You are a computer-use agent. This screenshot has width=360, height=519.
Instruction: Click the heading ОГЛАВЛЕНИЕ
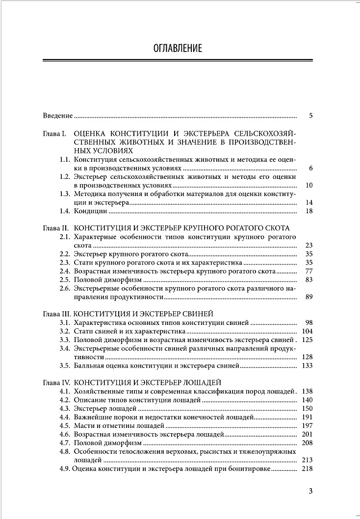178,48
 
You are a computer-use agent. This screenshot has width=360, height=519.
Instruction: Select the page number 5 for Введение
311,116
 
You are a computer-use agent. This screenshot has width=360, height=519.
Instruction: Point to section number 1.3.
65,194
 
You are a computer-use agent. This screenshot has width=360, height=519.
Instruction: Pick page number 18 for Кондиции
309,211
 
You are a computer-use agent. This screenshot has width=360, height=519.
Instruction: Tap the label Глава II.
55,228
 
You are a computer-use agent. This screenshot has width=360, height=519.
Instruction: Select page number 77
309,271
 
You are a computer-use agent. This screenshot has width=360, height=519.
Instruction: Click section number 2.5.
65,280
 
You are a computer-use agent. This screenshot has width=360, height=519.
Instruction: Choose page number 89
309,297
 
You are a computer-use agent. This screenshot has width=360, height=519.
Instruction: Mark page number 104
308,331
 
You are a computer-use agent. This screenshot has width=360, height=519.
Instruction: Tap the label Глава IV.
55,383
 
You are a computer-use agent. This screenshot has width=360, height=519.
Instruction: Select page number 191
308,417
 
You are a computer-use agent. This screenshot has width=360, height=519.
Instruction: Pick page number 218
308,469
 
